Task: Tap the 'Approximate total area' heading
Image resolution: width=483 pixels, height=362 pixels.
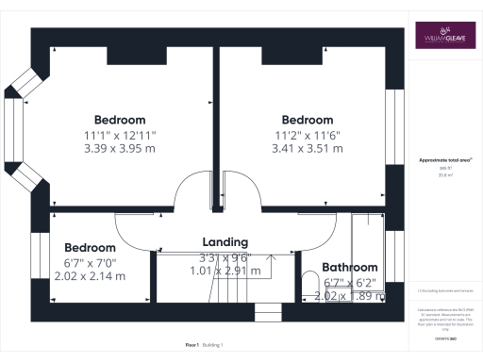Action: [443, 162]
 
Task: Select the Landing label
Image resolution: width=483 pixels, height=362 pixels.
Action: [224, 242]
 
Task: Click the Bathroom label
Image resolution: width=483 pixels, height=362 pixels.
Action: [350, 268]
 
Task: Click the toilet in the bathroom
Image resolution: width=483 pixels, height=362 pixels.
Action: [310, 284]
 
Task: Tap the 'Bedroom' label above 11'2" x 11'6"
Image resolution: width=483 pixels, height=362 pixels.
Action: [308, 120]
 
